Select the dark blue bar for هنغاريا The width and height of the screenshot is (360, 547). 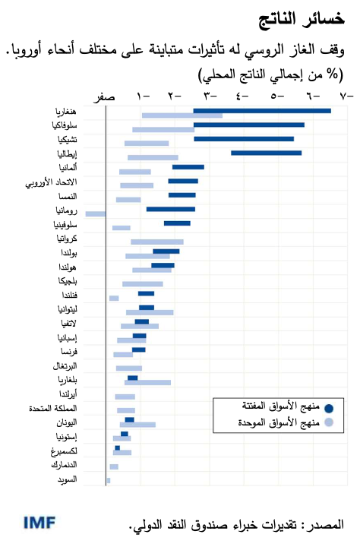tap(262, 111)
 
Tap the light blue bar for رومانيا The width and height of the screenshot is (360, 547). tap(95, 214)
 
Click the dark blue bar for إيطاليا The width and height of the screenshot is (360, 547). tap(266, 153)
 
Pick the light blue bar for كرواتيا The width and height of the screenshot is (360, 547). tap(156, 242)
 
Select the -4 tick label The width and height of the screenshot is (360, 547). tap(242, 96)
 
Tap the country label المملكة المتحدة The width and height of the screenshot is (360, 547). tap(55, 408)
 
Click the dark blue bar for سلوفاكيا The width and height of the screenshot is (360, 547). tap(249, 125)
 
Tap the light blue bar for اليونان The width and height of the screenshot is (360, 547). tap(137, 425)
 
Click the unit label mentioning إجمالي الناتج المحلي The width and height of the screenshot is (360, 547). tap(270, 75)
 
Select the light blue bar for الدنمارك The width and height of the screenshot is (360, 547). tap(114, 466)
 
